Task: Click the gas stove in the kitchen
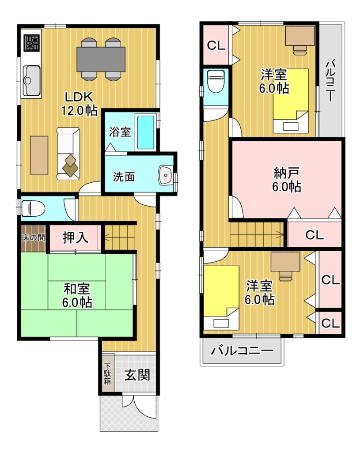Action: tap(32, 43)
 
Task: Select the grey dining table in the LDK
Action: tap(101, 59)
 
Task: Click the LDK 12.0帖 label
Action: tap(79, 104)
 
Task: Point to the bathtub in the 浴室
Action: tap(146, 132)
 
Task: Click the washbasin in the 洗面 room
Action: tap(166, 175)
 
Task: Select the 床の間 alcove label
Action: tap(33, 237)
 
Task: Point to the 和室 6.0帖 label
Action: tap(77, 295)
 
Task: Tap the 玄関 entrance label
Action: tap(137, 375)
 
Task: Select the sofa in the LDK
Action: tap(68, 154)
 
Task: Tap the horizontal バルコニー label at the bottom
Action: tap(242, 351)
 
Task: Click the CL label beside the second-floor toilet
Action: tap(216, 45)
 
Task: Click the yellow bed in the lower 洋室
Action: tap(221, 298)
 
